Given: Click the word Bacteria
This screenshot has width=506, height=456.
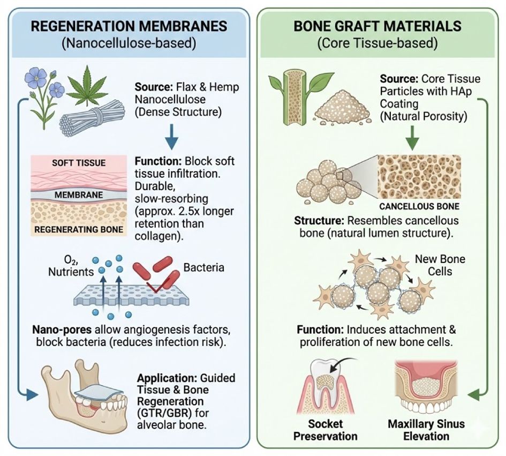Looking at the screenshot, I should (x=203, y=266).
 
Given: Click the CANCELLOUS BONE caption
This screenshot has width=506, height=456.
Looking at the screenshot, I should (x=419, y=205).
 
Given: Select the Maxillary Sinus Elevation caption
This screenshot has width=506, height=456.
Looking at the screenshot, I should (x=426, y=429).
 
